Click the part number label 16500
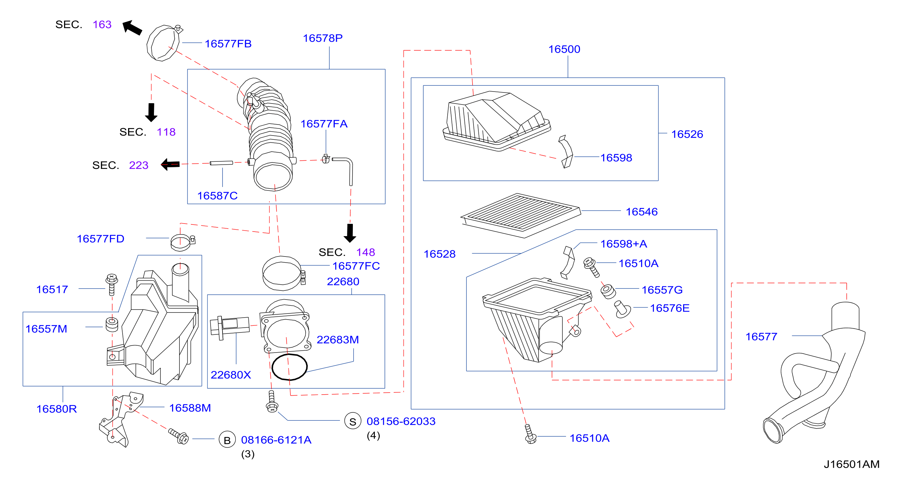[x=564, y=49]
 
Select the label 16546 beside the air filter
[x=641, y=212]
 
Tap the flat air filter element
[x=521, y=215]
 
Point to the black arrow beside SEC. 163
[x=132, y=27]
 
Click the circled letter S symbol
[x=353, y=421]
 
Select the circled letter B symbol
[x=227, y=440]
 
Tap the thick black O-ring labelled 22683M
[x=289, y=367]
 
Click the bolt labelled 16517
[x=112, y=284]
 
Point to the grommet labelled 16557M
[x=112, y=325]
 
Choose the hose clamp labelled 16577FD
[x=182, y=242]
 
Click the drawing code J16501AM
[x=851, y=464]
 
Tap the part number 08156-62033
[x=401, y=421]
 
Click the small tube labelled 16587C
[x=221, y=163]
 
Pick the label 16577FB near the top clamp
[x=228, y=44]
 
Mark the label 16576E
[x=670, y=308]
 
